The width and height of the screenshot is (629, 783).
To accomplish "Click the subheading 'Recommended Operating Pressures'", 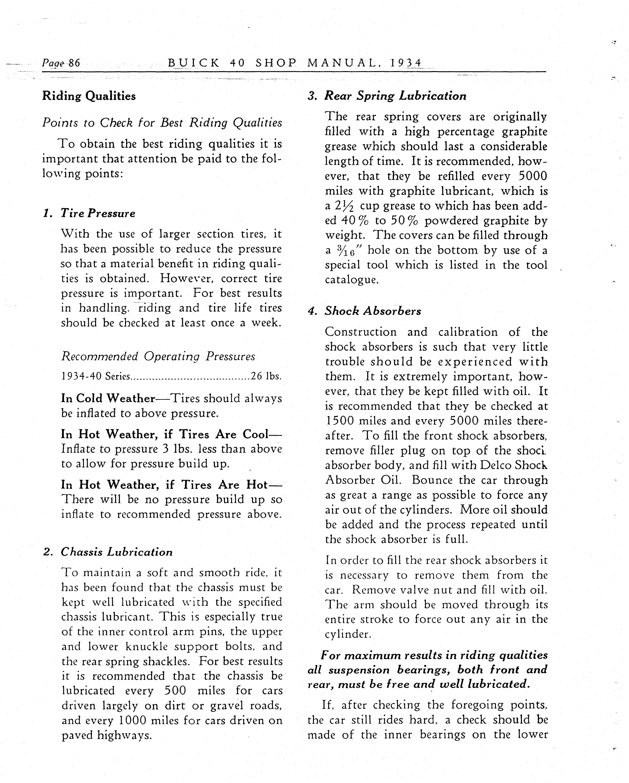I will click(x=158, y=356).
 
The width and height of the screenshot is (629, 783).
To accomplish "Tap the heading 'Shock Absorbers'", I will click(x=373, y=311).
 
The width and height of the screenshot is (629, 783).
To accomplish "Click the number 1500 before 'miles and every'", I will click(x=339, y=421).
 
